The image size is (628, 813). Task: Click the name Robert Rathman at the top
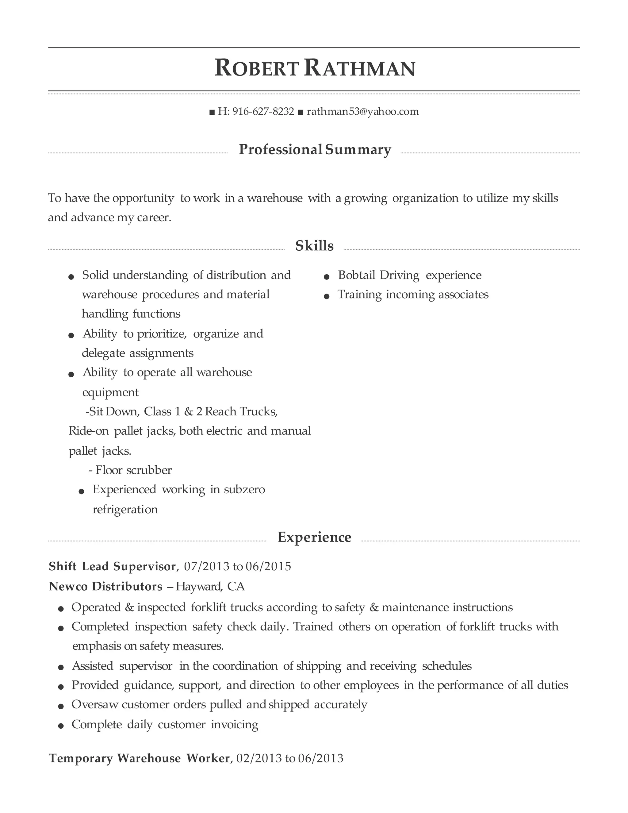[x=314, y=69]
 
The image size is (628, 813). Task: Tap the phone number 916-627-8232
[x=263, y=111]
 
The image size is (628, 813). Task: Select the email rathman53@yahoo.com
[x=363, y=111]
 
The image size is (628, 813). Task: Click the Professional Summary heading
[x=315, y=150]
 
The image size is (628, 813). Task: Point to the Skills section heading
[x=314, y=246]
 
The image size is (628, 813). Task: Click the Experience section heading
[x=314, y=537]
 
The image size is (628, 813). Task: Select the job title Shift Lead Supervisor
[x=112, y=566]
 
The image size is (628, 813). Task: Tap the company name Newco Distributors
[x=106, y=586]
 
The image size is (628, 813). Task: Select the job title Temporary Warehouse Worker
[x=139, y=758]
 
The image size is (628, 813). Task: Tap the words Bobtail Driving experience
[x=410, y=275]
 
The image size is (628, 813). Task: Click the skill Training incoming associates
[x=413, y=295]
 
